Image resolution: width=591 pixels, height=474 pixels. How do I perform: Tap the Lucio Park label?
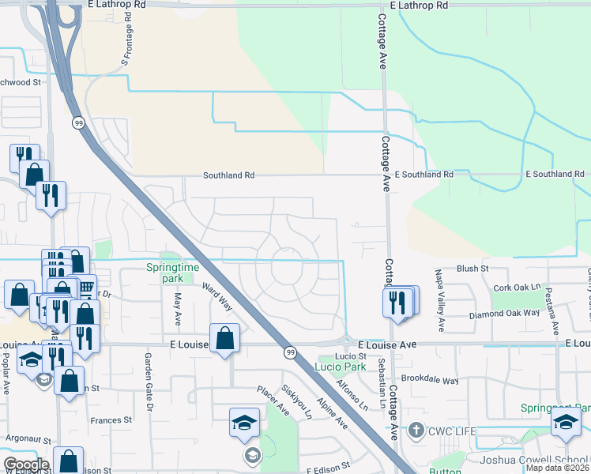point(340,367)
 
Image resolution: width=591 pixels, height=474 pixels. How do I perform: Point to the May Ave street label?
point(178,308)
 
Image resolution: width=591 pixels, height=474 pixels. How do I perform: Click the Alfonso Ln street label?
point(352,395)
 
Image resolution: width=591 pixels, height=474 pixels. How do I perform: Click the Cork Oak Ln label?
point(517,288)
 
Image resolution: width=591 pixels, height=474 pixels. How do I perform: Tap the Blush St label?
point(472,269)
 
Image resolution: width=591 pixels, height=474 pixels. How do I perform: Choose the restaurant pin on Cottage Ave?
point(397,302)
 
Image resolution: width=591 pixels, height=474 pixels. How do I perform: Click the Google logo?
point(25,465)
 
